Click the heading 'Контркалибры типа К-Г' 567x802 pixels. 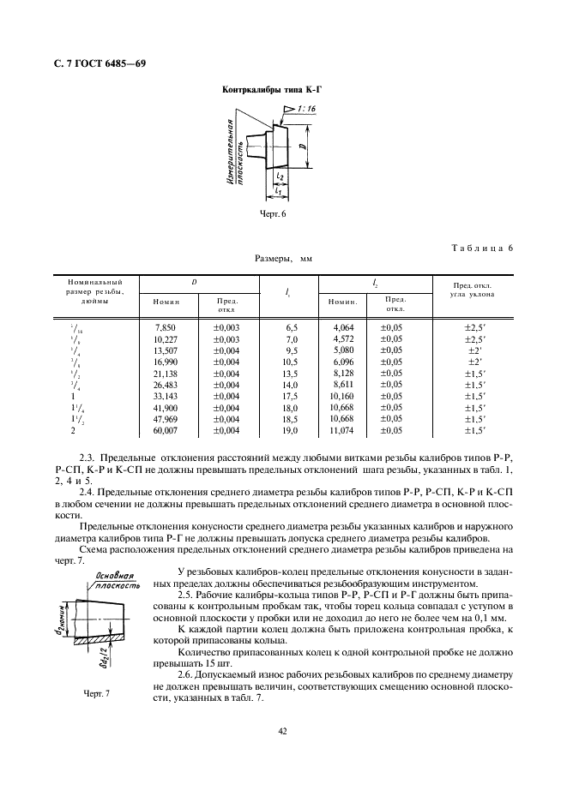coord(276,89)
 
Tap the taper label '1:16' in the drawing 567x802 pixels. coord(305,110)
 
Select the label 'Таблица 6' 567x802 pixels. coord(481,248)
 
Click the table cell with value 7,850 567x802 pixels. coord(165,327)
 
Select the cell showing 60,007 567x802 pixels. coord(165,430)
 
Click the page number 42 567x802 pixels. coord(282,731)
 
